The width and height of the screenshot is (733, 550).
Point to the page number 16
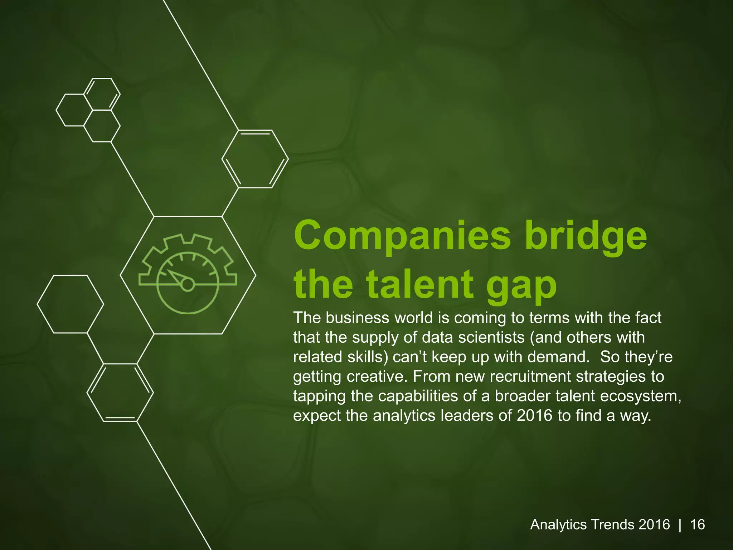(x=697, y=525)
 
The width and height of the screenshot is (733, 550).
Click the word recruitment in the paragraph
(x=527, y=377)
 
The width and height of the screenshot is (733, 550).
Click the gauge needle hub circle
(x=188, y=285)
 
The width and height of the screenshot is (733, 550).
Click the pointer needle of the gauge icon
(x=176, y=276)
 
